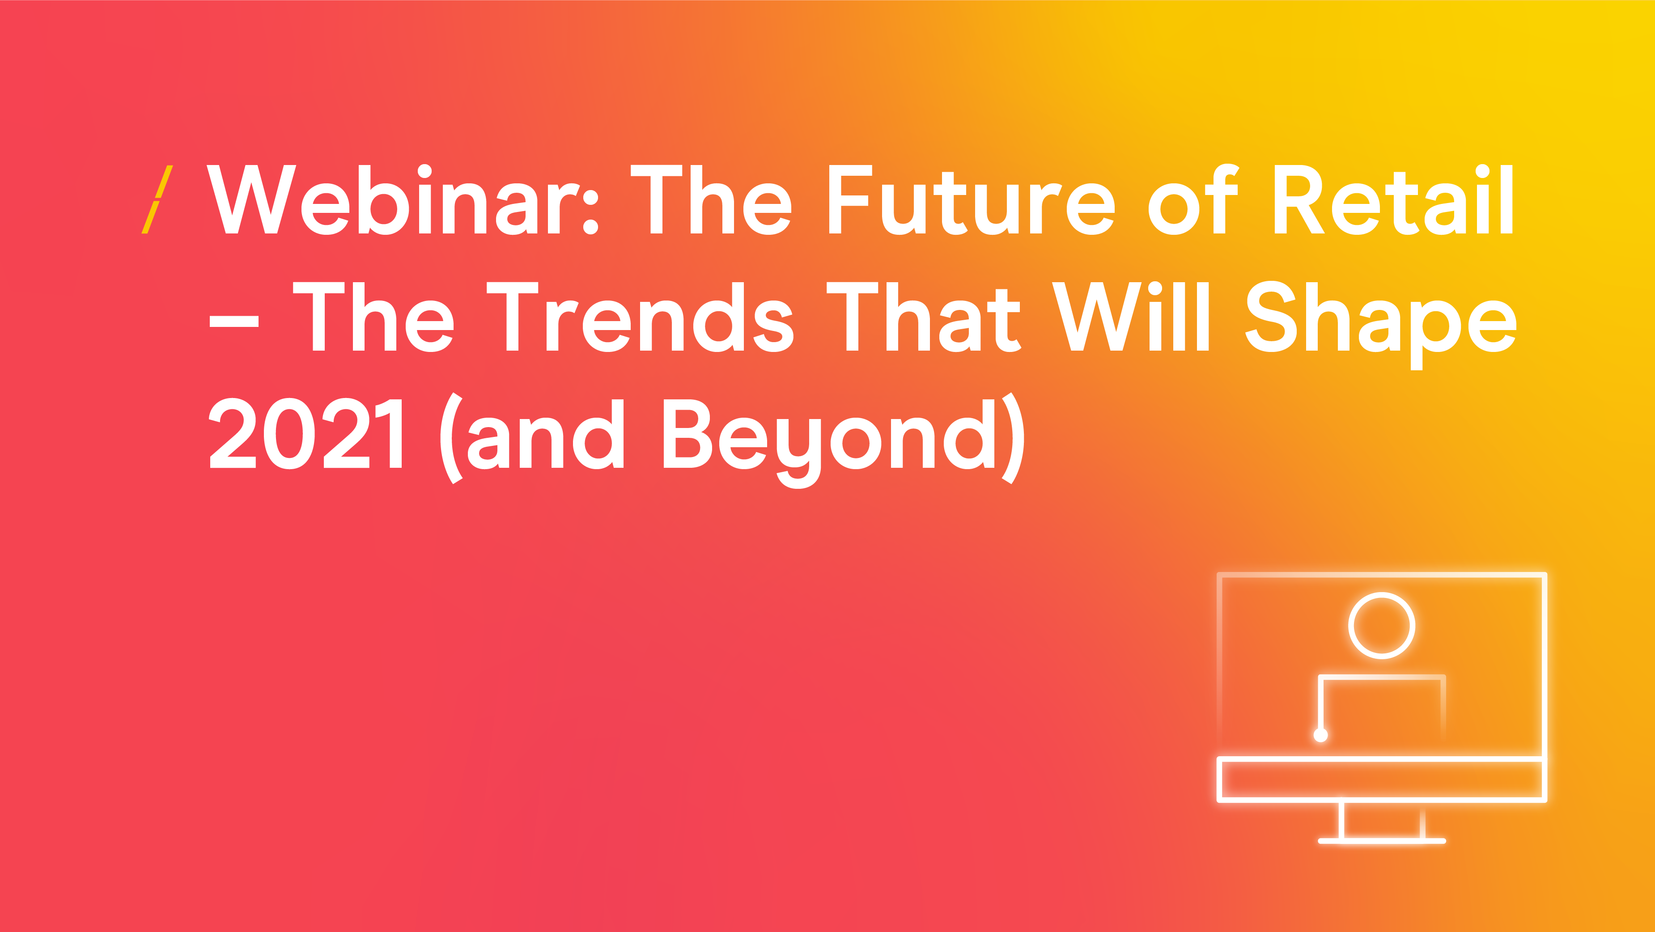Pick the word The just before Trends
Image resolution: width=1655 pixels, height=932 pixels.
[373, 317]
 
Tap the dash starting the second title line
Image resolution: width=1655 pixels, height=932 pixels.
[234, 322]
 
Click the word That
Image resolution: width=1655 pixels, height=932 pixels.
[924, 317]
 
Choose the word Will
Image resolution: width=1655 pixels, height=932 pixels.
[1131, 316]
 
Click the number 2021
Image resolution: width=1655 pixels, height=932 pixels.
[306, 433]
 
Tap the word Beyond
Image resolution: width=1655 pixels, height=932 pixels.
[829, 443]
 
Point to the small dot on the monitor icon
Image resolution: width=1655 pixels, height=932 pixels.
[1321, 735]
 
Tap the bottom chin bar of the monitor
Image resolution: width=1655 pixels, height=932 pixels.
[1381, 780]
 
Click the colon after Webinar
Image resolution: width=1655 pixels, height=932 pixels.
[590, 212]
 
